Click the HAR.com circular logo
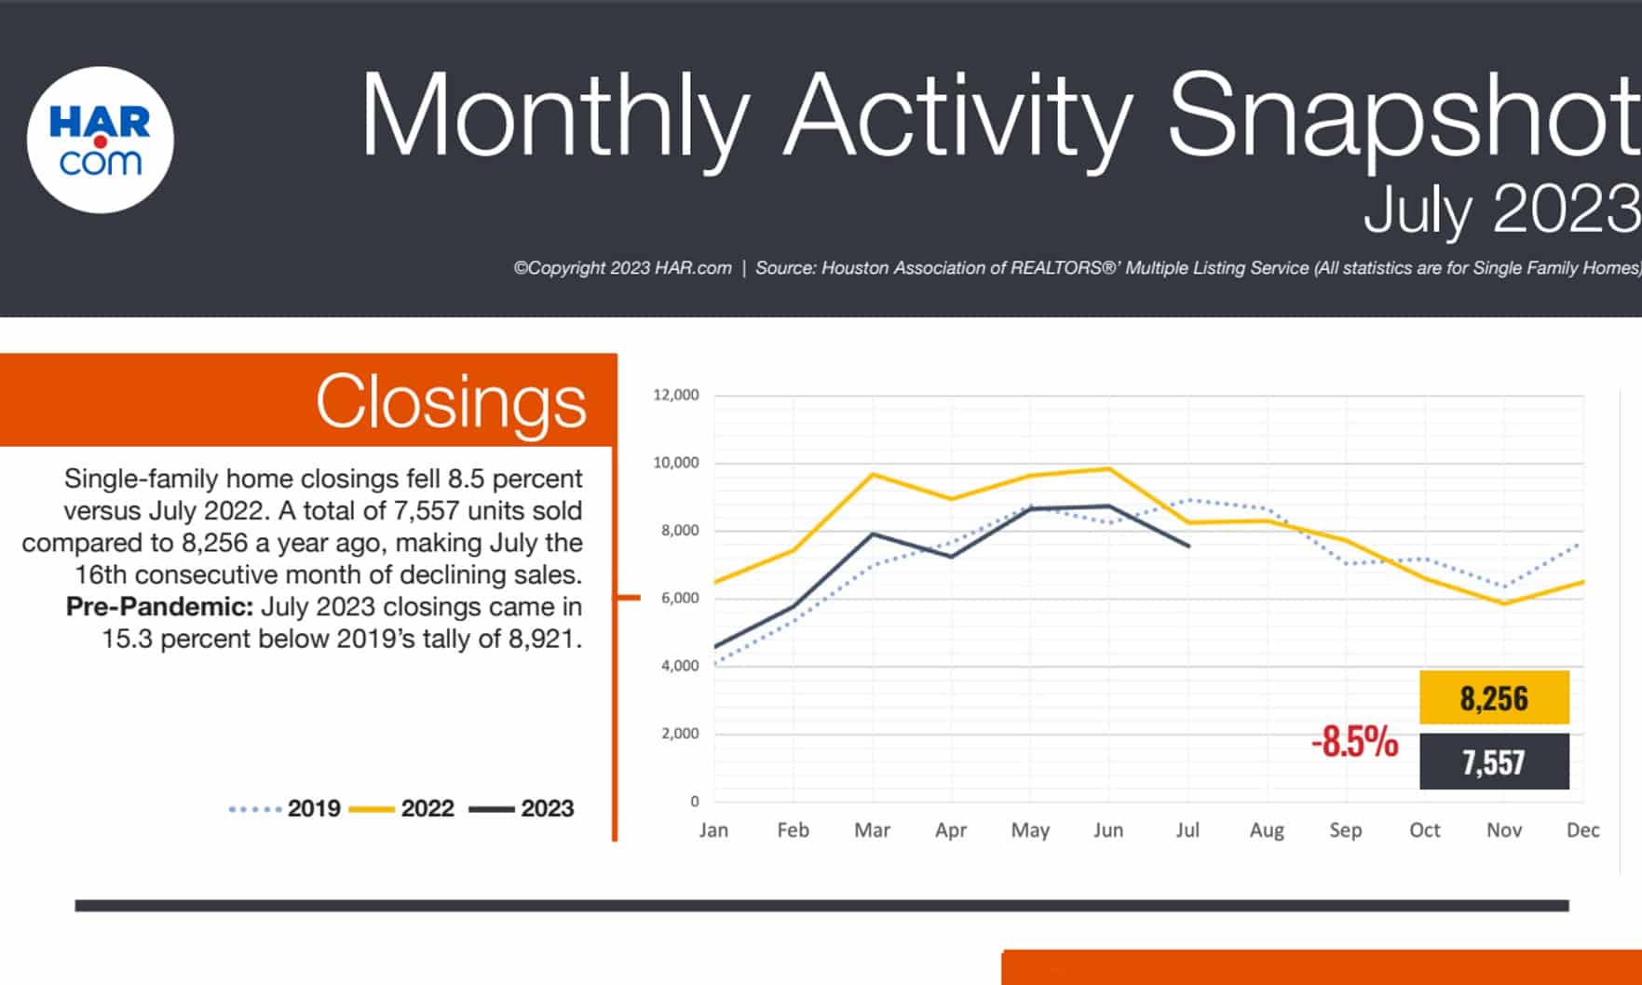pos(101,140)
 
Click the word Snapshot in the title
pos(1402,116)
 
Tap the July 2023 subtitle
pos(1500,209)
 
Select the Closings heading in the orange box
pos(451,402)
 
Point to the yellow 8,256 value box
pos(1494,698)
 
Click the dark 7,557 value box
pos(1494,762)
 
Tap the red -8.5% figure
pos(1355,742)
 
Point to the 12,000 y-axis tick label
pos(676,395)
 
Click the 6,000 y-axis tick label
pos(680,598)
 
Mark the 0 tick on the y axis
pos(694,801)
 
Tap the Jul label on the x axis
pos(1187,830)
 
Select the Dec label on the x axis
pos(1582,830)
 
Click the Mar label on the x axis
pos(872,830)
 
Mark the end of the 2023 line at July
pos(1188,546)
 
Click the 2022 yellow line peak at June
pos(1108,468)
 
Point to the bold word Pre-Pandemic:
pos(159,607)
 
